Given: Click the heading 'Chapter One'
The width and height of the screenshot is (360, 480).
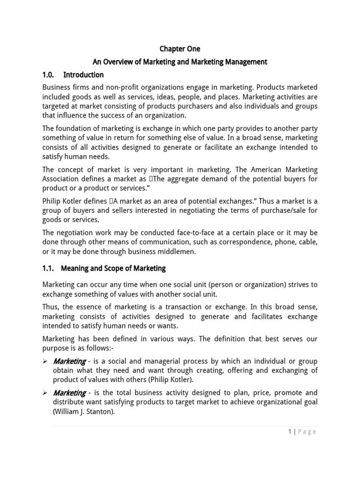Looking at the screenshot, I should click(x=180, y=49).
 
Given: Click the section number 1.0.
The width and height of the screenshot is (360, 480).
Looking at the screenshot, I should click(x=48, y=75).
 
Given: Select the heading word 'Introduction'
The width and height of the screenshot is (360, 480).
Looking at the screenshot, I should click(x=83, y=75).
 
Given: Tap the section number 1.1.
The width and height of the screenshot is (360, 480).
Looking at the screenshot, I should click(x=48, y=269).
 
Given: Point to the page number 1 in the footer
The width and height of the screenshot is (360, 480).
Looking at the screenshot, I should click(x=290, y=432).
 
